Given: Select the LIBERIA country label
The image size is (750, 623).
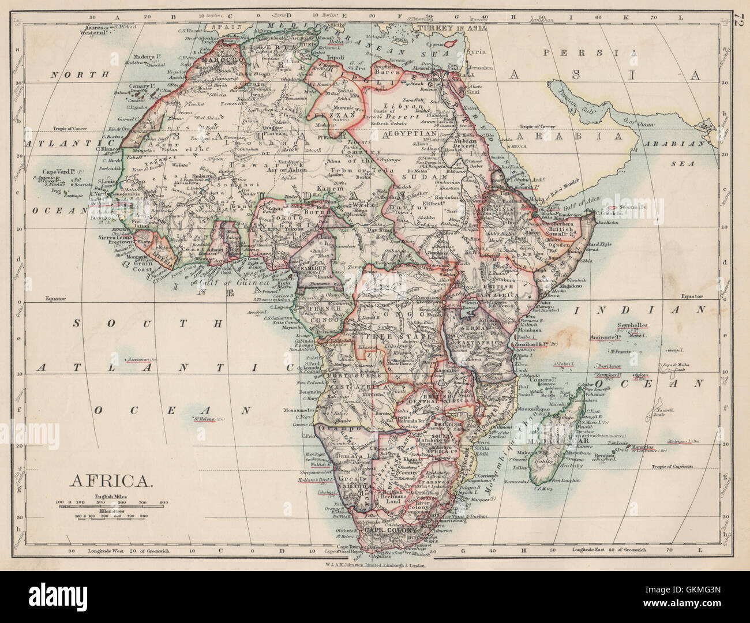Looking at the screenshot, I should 162,261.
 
